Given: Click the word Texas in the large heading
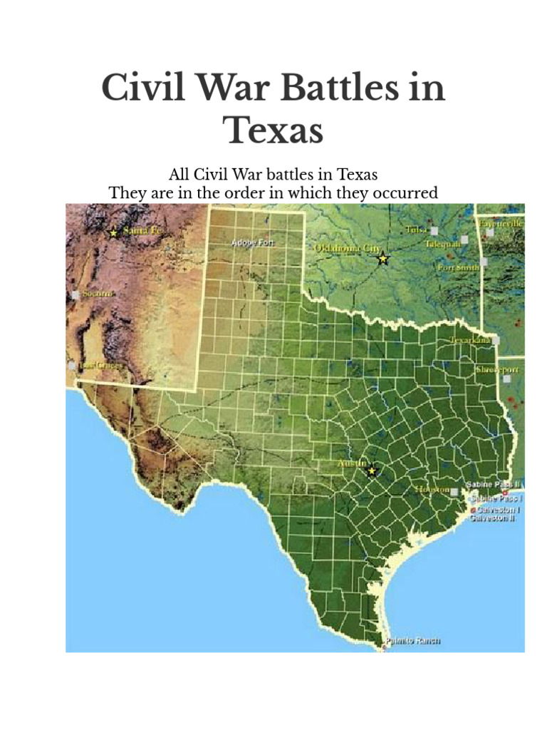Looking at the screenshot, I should coord(273,130).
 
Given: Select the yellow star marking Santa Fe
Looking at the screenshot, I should coord(113,232).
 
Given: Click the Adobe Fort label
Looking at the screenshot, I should coord(253,243).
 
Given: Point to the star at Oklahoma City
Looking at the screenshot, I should coord(383,258).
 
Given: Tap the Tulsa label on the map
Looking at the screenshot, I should coord(417,229).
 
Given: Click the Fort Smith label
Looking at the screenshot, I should coord(458,267).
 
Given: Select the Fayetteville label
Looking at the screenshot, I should coord(501,224).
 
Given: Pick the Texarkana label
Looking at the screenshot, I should coord(470,341).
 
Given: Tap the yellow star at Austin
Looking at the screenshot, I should coord(371,471).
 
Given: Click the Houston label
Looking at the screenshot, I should coord(433,490).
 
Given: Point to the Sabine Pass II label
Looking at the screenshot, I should coord(494,485).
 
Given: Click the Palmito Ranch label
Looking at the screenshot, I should coord(413,640).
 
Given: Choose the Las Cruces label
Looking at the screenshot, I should coord(100,365).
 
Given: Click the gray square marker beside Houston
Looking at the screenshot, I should coord(455,491).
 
